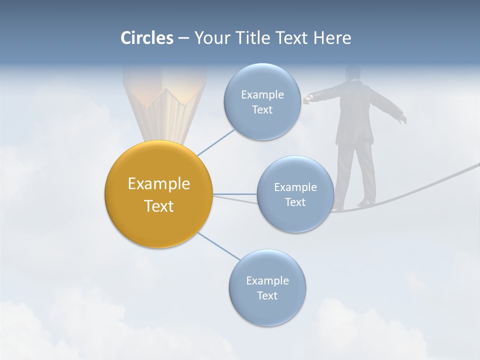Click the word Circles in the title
(147, 38)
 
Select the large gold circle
(158, 194)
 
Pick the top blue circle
(262, 102)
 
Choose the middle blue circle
(295, 194)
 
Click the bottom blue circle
(267, 287)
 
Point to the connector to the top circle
(215, 142)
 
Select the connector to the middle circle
(235, 194)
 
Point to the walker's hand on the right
(402, 119)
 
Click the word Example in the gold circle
(158, 184)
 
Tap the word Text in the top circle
(262, 110)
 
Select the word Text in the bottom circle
(267, 295)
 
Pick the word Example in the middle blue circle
(295, 187)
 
